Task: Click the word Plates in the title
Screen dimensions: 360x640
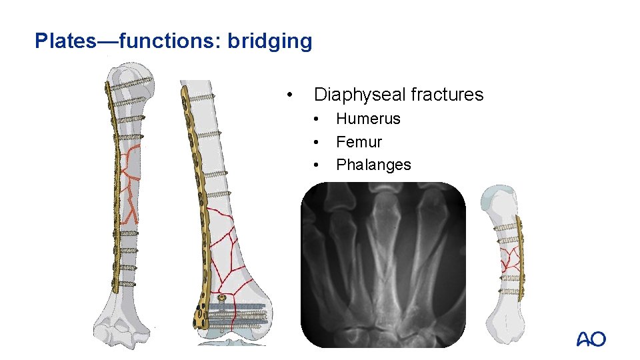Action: point(66,41)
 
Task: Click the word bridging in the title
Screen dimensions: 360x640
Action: point(269,42)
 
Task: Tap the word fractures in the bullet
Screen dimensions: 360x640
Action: point(447,95)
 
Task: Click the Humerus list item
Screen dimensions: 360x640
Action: point(368,119)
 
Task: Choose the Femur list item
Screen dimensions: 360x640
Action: point(359,142)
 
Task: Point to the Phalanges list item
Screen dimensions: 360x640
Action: point(373,165)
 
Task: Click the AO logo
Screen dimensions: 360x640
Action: point(591,339)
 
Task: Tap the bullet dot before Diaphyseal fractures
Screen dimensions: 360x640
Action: point(289,95)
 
